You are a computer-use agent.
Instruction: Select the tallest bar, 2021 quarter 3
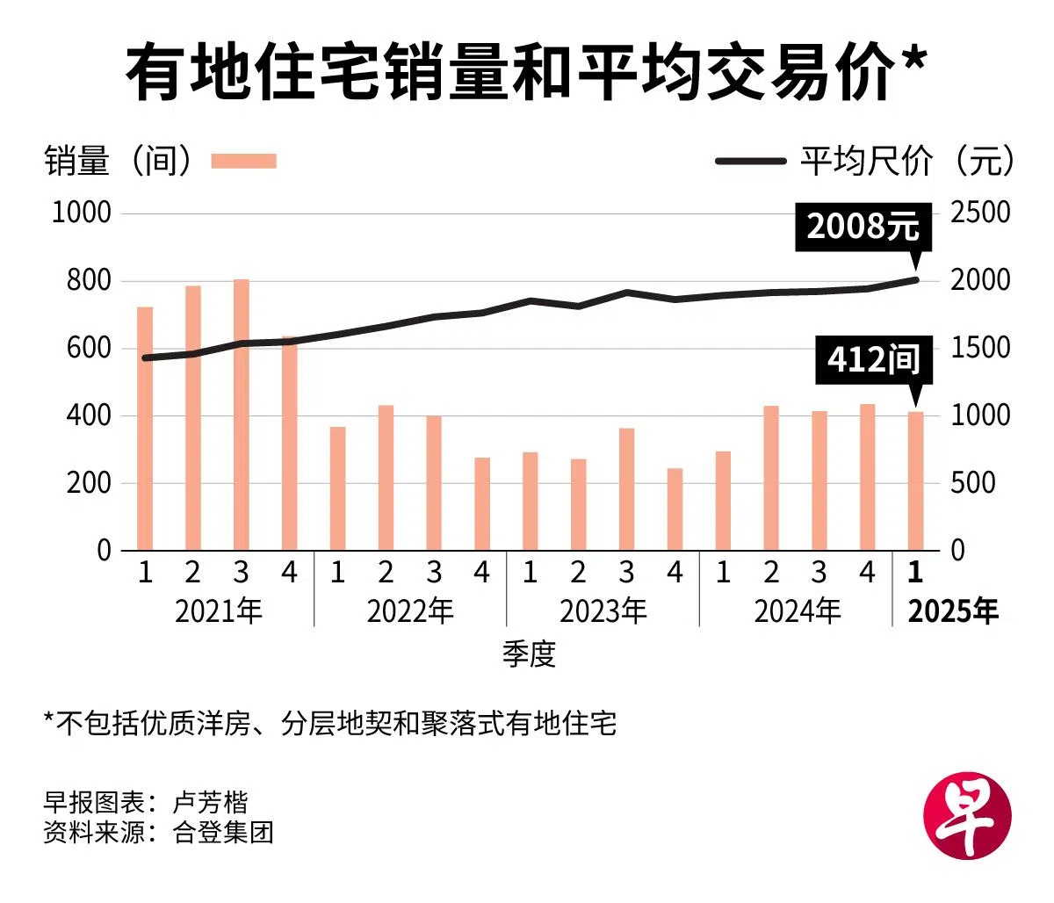point(242,415)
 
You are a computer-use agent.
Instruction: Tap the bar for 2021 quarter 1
point(145,429)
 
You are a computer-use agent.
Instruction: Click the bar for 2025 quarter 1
point(915,481)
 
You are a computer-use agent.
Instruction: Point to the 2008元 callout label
point(863,227)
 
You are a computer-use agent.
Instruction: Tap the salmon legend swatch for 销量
point(244,161)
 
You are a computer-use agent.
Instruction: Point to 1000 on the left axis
point(82,213)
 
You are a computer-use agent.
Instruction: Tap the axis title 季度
point(530,654)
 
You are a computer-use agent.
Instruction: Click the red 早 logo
point(968,816)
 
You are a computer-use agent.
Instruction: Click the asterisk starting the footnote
point(49,720)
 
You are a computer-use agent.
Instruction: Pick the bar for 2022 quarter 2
point(386,478)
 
